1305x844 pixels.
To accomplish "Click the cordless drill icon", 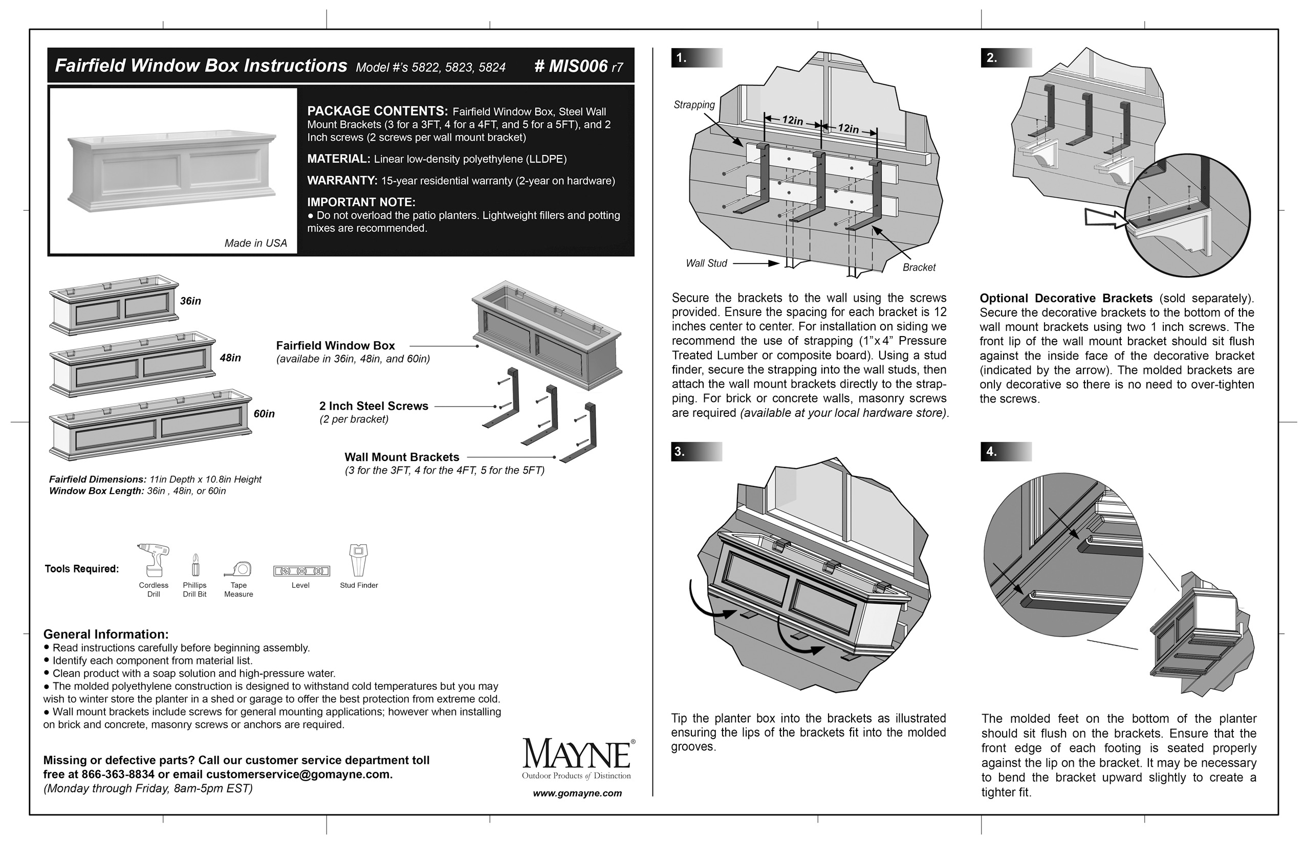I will pyautogui.click(x=154, y=560).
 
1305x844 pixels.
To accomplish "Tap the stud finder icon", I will pyautogui.click(x=359, y=560).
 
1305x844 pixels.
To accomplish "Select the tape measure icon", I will pyautogui.click(x=238, y=569).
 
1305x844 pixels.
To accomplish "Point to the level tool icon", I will pyautogui.click(x=301, y=571).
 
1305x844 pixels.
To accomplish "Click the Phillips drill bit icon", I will pyautogui.click(x=194, y=565).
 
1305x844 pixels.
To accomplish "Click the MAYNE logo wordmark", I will pyautogui.click(x=577, y=754).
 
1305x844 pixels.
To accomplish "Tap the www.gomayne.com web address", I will pyautogui.click(x=577, y=793).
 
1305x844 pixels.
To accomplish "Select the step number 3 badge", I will pyautogui.click(x=680, y=452).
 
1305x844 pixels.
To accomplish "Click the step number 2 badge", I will pyautogui.click(x=992, y=57).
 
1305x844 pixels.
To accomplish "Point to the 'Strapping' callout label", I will pyautogui.click(x=694, y=105).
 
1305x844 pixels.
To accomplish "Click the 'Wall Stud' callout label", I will pyautogui.click(x=706, y=263).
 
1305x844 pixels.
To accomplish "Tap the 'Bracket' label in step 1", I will pyautogui.click(x=919, y=268).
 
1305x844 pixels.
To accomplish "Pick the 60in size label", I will pyautogui.click(x=264, y=414).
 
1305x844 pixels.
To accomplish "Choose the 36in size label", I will pyautogui.click(x=190, y=301).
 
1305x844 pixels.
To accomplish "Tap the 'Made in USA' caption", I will pyautogui.click(x=255, y=243).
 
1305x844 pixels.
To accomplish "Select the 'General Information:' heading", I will pyautogui.click(x=106, y=634).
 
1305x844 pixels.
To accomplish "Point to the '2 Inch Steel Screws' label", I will pyautogui.click(x=374, y=406).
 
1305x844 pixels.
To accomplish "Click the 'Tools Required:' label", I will pyautogui.click(x=82, y=569).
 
